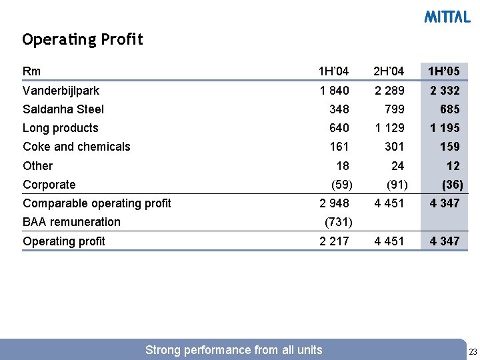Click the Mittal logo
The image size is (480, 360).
pos(447,17)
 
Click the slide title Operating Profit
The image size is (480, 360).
pos(83,40)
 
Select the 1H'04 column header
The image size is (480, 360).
pos(333,71)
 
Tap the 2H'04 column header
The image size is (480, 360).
pos(389,71)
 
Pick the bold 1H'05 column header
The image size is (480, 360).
pos(444,71)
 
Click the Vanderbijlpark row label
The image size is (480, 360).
pos(61,90)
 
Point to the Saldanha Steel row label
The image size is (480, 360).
pos(63,109)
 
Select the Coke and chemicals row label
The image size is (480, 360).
pos(77,147)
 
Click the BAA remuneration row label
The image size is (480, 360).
pos(71,222)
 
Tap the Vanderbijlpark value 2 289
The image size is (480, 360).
pos(389,90)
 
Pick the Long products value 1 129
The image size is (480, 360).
pos(389,128)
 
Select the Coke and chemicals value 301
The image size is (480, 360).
pos(393,147)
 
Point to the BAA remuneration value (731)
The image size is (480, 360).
pos(337,222)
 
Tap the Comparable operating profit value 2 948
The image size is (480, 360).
pos(334,203)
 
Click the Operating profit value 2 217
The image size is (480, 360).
pos(334,241)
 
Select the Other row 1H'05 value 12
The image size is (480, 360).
pos(453,166)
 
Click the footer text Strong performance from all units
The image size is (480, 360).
pos(233,350)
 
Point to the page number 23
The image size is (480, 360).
pos(473,351)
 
